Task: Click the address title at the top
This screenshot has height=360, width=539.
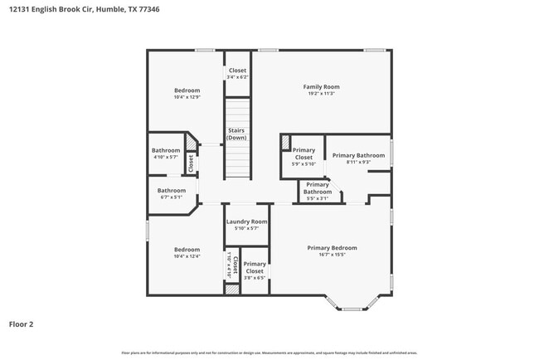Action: [80, 10]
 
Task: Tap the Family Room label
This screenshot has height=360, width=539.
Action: [320, 86]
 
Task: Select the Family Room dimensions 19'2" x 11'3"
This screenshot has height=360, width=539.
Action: [320, 94]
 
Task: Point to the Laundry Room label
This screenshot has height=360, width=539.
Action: [247, 221]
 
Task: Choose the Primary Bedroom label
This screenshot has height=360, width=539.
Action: [332, 247]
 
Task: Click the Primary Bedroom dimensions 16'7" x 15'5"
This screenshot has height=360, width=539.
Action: [332, 255]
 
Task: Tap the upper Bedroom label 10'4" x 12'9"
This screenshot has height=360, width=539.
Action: [187, 90]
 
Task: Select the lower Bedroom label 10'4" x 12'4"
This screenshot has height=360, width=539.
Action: [187, 250]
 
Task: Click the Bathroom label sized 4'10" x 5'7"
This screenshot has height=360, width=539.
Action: [166, 150]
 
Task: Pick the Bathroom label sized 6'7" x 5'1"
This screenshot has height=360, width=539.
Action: [172, 190]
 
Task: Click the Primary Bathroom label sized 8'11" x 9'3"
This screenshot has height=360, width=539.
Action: [358, 155]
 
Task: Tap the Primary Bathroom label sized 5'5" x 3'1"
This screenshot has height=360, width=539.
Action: [318, 187]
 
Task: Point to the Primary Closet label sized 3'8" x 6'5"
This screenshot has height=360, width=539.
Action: [255, 267]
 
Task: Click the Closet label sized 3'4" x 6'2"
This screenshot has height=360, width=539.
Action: [237, 71]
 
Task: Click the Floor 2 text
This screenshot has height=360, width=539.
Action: [21, 324]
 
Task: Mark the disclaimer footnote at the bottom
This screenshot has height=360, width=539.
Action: [269, 353]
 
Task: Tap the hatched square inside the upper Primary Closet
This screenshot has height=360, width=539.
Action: [285, 142]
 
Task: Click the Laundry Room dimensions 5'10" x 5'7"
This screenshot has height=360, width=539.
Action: [247, 228]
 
